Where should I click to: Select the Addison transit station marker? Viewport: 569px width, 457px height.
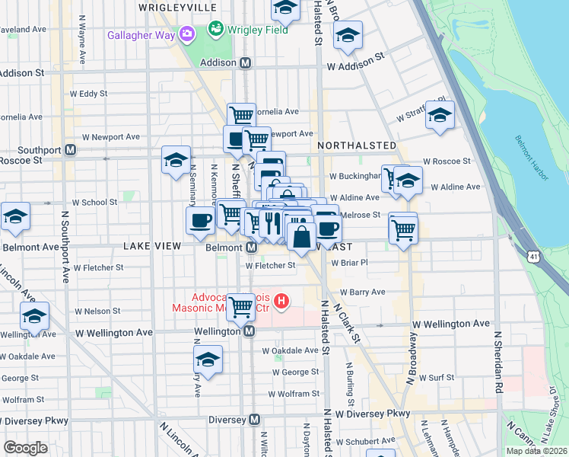[x=246, y=65]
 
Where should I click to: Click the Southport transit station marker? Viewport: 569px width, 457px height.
[x=70, y=150]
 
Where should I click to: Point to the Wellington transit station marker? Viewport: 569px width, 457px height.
[x=249, y=332]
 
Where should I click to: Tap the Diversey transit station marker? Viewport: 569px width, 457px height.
[x=255, y=420]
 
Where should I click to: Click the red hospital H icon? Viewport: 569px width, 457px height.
[x=282, y=302]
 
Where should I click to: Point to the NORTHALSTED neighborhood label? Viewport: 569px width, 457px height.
[x=357, y=145]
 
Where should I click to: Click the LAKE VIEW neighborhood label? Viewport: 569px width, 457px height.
[x=152, y=246]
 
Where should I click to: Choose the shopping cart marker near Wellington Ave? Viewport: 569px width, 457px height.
[x=241, y=308]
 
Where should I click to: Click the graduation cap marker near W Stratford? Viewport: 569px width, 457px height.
[x=439, y=114]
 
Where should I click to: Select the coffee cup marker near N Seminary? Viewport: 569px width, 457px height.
[x=200, y=220]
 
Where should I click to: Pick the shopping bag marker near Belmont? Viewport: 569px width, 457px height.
[x=301, y=236]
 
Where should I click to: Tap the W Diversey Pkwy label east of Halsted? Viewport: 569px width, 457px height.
[x=373, y=414]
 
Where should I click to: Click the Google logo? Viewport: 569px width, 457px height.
[x=25, y=448]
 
